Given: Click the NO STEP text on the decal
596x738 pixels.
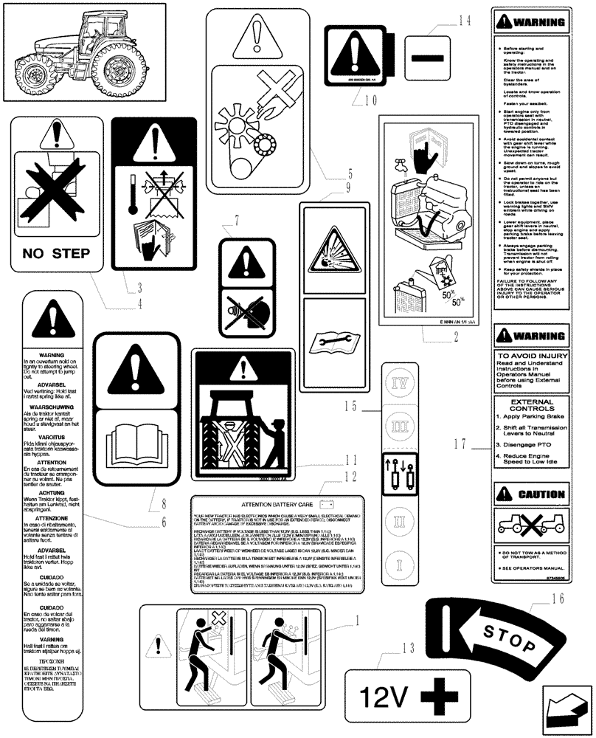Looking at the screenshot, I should click(62, 254).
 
